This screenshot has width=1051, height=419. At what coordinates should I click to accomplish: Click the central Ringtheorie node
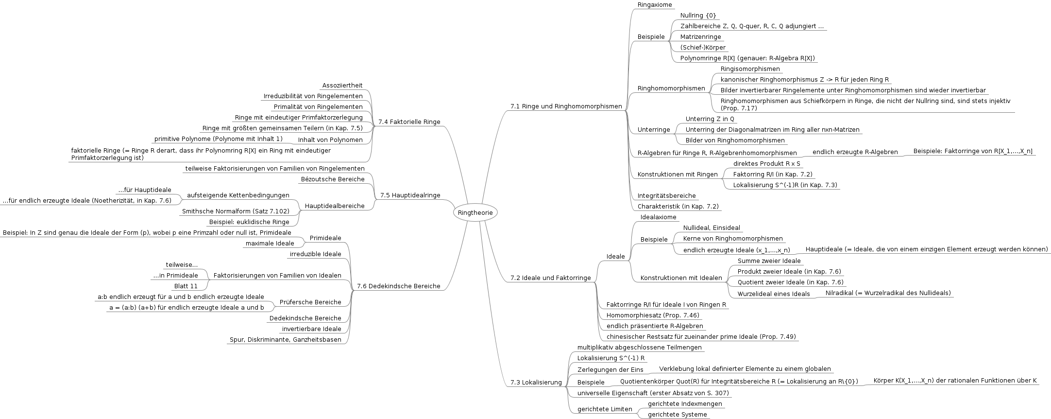[475, 212]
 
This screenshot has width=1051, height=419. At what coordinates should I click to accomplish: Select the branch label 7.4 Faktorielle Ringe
[409, 122]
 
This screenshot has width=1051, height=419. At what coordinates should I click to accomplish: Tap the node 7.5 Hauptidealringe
[410, 195]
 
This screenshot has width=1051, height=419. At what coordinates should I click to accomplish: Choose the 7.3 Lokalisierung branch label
[536, 383]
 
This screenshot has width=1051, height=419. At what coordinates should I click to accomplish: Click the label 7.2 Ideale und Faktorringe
[550, 278]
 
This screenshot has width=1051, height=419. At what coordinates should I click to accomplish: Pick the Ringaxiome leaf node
[655, 5]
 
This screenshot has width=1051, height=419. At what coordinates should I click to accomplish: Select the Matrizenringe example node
[700, 37]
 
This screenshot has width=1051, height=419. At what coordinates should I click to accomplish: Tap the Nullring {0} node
[698, 16]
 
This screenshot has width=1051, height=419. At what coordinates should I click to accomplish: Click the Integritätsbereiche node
[666, 196]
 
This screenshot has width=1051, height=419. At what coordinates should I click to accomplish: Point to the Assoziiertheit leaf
[342, 86]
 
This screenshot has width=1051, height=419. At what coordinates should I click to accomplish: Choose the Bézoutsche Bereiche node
[332, 179]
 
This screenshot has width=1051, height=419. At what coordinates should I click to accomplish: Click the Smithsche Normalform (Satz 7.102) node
[236, 211]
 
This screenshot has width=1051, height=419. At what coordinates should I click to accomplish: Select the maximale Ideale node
[270, 244]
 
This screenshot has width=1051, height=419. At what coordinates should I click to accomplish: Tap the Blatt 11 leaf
[186, 286]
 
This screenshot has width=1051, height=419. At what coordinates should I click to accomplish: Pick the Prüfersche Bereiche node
[310, 302]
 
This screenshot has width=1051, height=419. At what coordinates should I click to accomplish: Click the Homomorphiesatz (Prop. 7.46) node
[653, 315]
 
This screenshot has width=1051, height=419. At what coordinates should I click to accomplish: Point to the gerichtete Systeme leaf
[677, 415]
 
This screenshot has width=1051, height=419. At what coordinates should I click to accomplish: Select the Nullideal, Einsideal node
[712, 228]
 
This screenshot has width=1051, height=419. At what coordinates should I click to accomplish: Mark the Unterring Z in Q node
[710, 119]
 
